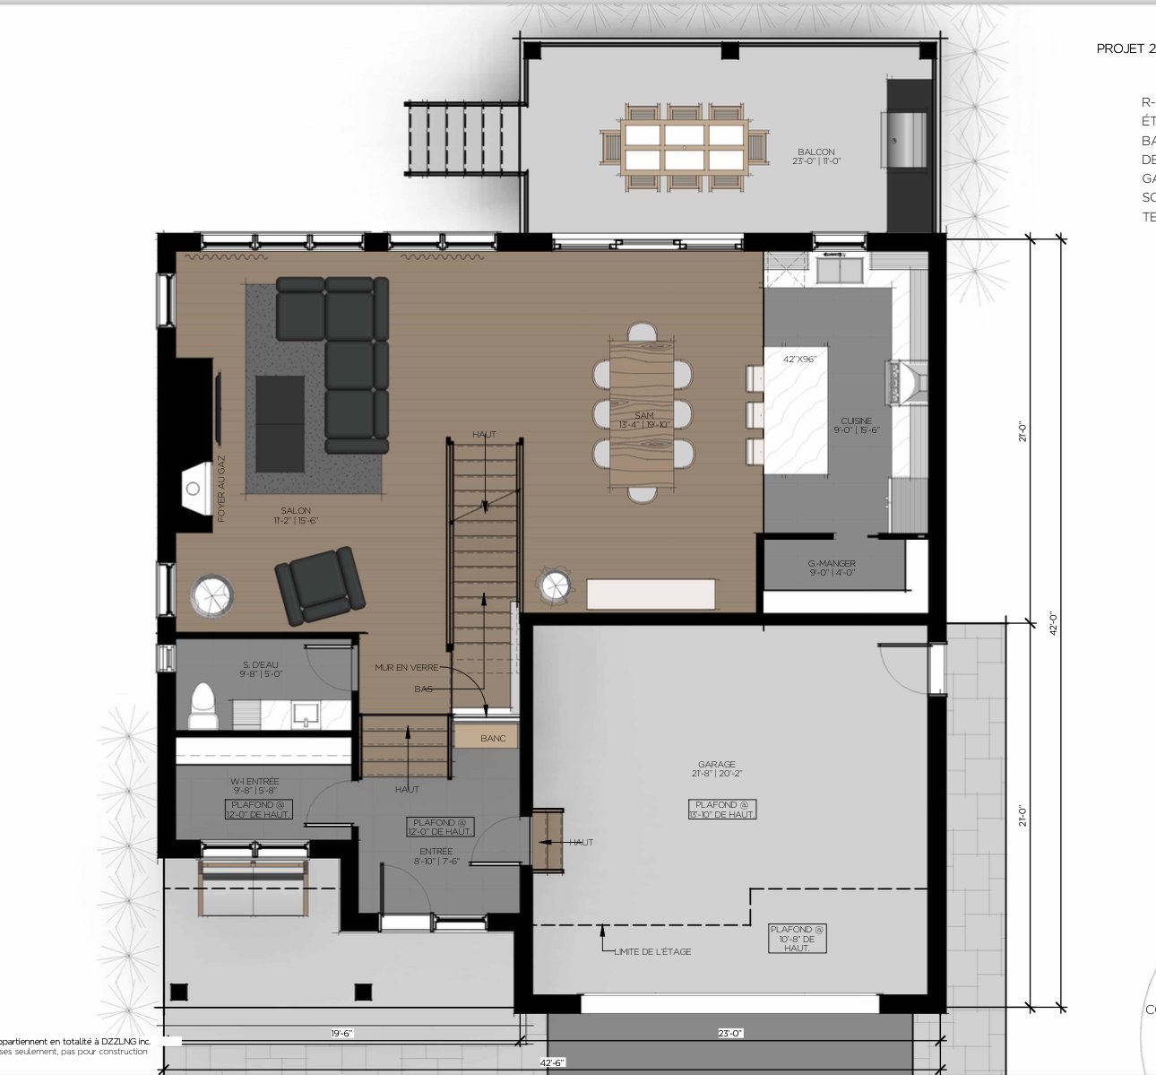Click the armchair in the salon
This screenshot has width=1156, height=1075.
tap(319, 585)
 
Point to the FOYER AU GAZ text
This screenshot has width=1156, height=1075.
tap(221, 489)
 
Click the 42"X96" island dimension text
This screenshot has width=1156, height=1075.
tap(799, 359)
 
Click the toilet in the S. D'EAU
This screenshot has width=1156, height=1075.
tap(203, 707)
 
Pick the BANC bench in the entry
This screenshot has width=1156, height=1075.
tap(492, 738)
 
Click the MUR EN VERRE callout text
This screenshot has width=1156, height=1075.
tap(407, 668)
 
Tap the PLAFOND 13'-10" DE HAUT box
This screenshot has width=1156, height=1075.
tap(722, 809)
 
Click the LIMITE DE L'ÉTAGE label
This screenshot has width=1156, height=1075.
tap(652, 951)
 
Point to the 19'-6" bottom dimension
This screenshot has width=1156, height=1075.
tap(341, 1033)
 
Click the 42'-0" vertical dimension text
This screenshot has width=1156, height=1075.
tap(1054, 623)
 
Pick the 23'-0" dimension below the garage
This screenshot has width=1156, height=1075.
tap(730, 1033)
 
